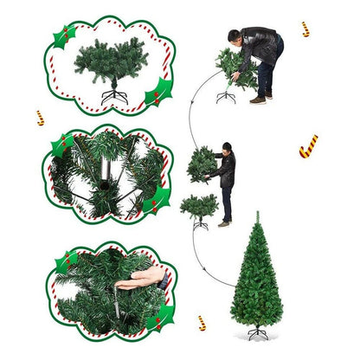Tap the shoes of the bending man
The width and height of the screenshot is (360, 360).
click(x=260, y=100)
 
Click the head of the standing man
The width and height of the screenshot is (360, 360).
click(x=228, y=148)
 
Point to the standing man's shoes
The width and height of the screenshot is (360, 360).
click(x=224, y=223)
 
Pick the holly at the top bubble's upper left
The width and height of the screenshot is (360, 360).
click(x=63, y=35)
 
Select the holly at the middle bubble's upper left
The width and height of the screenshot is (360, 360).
click(x=62, y=144)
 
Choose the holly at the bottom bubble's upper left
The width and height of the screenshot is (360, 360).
click(x=66, y=260)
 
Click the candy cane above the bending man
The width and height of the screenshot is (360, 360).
click(x=305, y=29)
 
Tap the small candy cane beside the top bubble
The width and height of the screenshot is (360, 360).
click(x=40, y=117)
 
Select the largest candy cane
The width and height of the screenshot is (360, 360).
click(x=308, y=146)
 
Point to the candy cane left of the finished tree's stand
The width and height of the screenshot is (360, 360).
click(x=201, y=322)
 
